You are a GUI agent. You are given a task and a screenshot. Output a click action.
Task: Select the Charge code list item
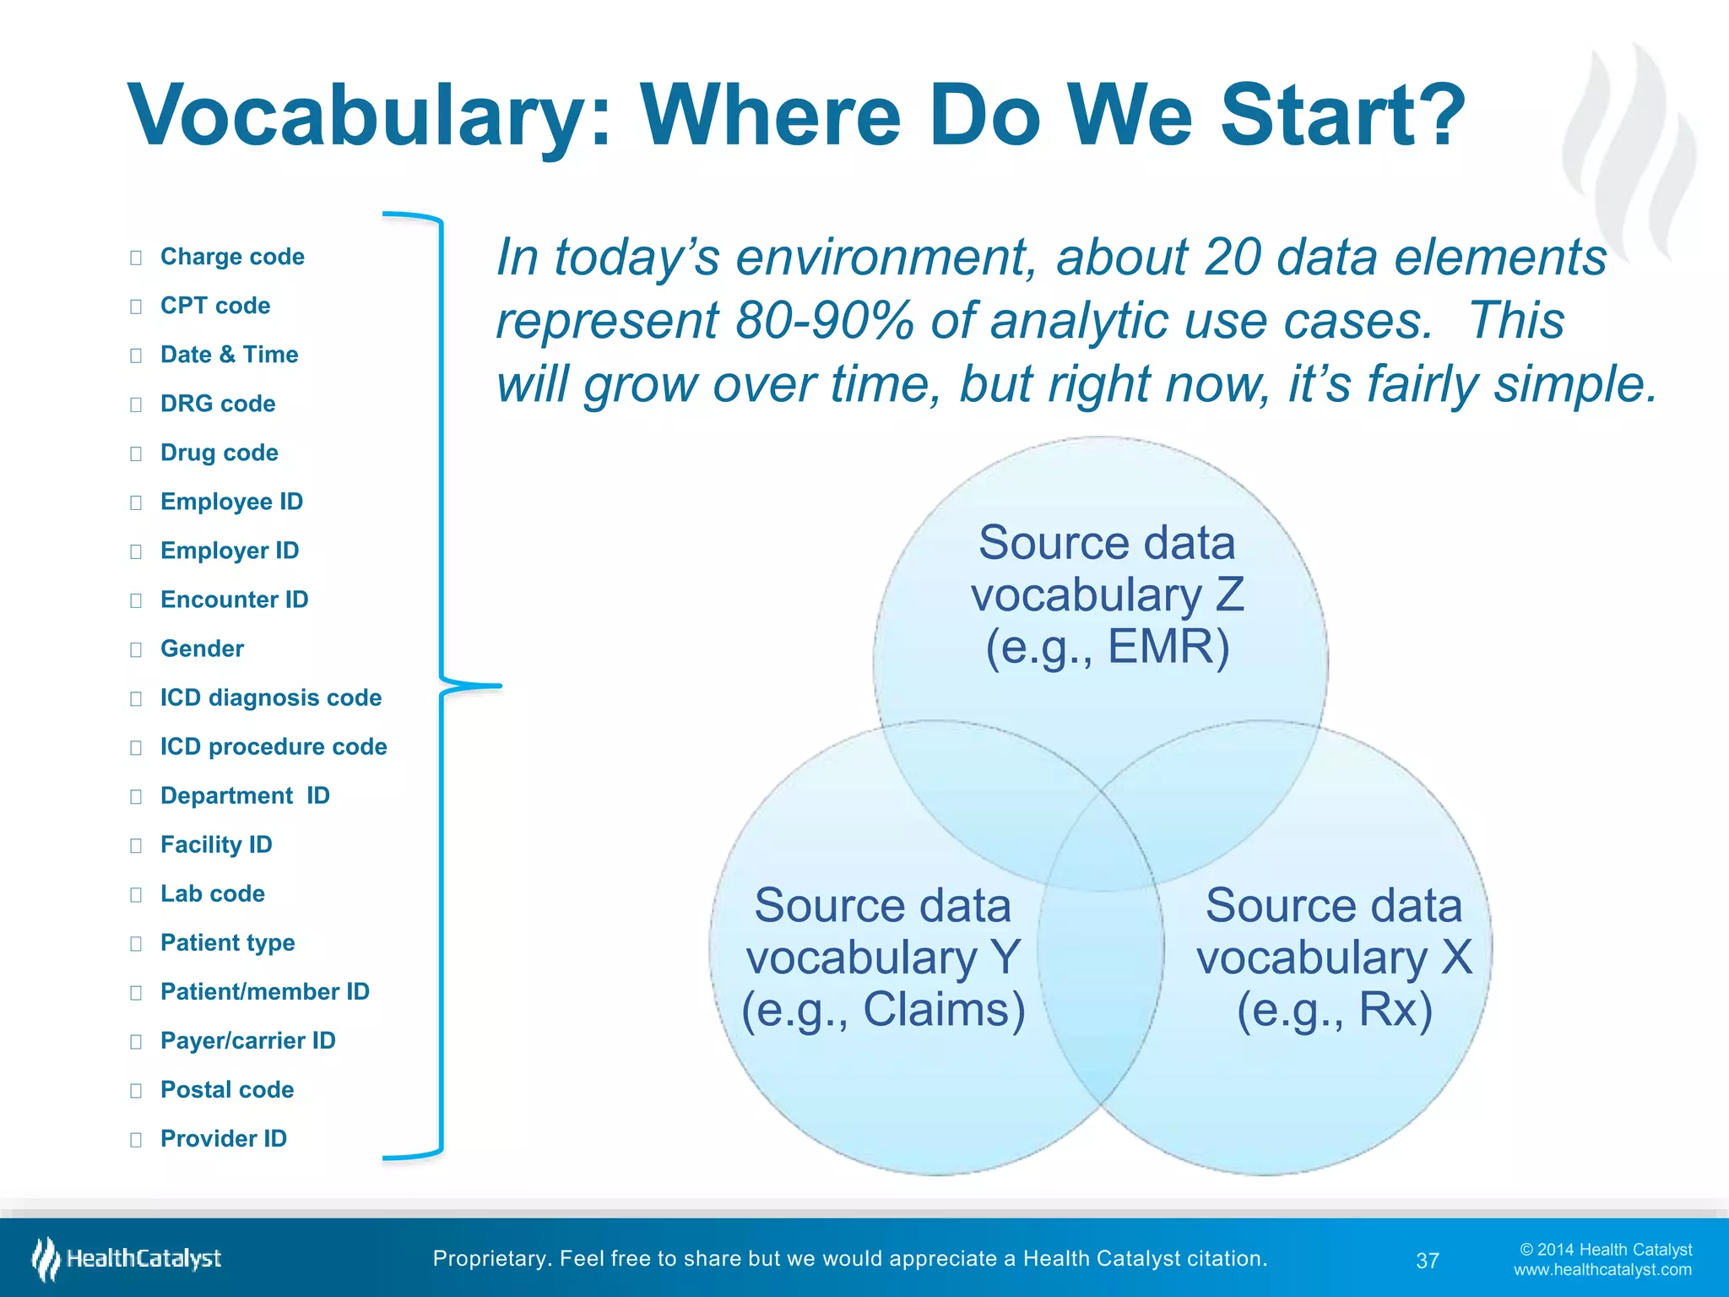point(232,257)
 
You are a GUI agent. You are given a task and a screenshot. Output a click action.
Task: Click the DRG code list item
point(218,404)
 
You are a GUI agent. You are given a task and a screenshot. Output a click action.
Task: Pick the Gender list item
point(202,648)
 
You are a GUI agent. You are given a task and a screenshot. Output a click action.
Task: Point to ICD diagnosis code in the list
point(270,697)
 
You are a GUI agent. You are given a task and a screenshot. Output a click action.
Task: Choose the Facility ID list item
point(216,844)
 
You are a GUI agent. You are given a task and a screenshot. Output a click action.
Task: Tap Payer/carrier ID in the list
point(247,1040)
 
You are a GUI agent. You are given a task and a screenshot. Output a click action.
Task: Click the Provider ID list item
point(224,1138)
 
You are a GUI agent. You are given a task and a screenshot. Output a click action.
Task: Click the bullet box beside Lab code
point(136,894)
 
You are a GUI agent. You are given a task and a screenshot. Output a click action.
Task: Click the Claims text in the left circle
point(943,1009)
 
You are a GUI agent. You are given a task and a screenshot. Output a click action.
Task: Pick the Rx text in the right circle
point(1395,1009)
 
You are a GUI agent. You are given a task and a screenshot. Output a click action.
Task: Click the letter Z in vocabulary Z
point(1229,594)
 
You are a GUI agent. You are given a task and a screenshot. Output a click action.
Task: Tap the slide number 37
point(1427,1261)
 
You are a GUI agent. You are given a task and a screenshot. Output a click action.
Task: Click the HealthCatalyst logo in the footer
point(127,1259)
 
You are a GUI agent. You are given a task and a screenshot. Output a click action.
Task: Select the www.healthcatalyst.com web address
point(1602,1270)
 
